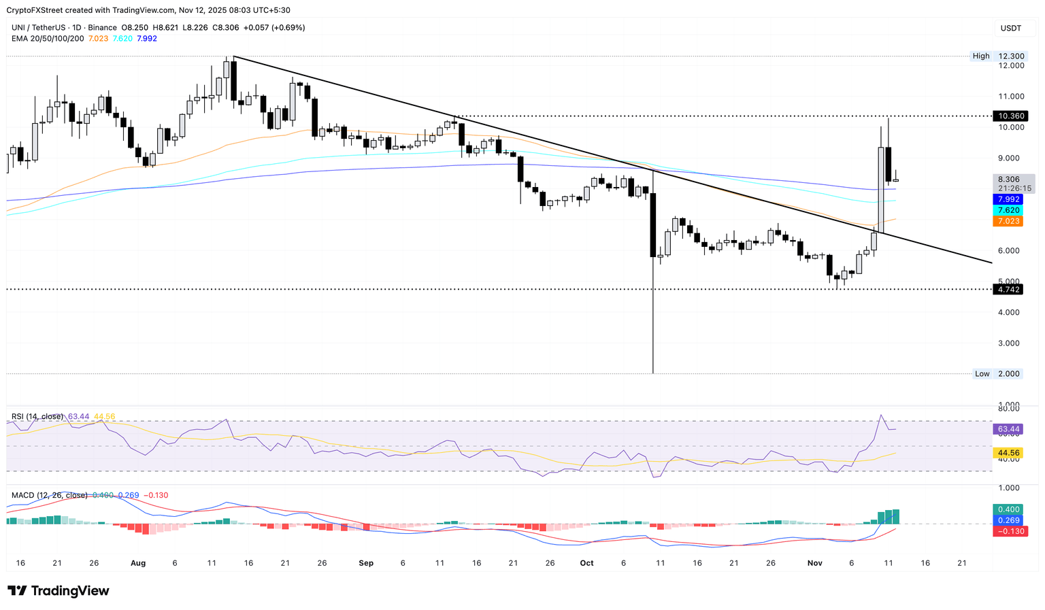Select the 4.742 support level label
pyautogui.click(x=1007, y=290)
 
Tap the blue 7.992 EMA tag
pyautogui.click(x=1007, y=199)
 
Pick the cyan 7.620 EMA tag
pyautogui.click(x=1007, y=210)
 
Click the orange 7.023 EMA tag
pyautogui.click(x=1007, y=221)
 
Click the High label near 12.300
pyautogui.click(x=981, y=56)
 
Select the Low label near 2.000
pyautogui.click(x=982, y=374)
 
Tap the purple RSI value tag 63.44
pyautogui.click(x=1008, y=429)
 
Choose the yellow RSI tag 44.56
pyautogui.click(x=1008, y=453)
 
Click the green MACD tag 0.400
pyautogui.click(x=1008, y=509)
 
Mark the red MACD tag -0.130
pyautogui.click(x=1010, y=531)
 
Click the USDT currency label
pyautogui.click(x=1010, y=28)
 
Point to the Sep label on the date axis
pyautogui.click(x=366, y=563)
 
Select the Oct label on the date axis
pyautogui.click(x=586, y=563)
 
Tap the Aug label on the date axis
pyautogui.click(x=138, y=563)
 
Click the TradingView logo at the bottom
pyautogui.click(x=59, y=591)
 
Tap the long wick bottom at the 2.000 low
pyautogui.click(x=653, y=372)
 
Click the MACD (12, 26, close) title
pyautogui.click(x=50, y=495)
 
